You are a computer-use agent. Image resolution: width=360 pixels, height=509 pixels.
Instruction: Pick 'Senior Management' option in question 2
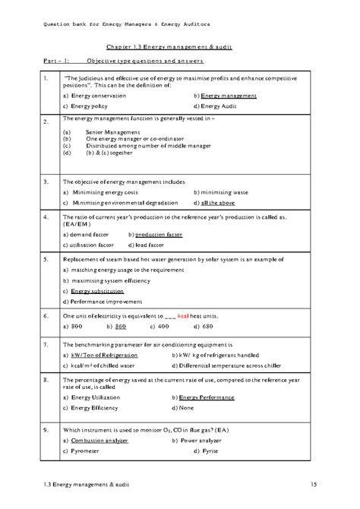pyautogui.click(x=107, y=132)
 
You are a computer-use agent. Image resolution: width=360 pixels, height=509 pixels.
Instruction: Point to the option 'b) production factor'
pyautogui.click(x=155, y=236)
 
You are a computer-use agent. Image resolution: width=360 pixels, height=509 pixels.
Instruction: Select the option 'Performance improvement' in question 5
pyautogui.click(x=104, y=302)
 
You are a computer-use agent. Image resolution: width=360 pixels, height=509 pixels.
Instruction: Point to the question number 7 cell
pyautogui.click(x=47, y=344)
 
